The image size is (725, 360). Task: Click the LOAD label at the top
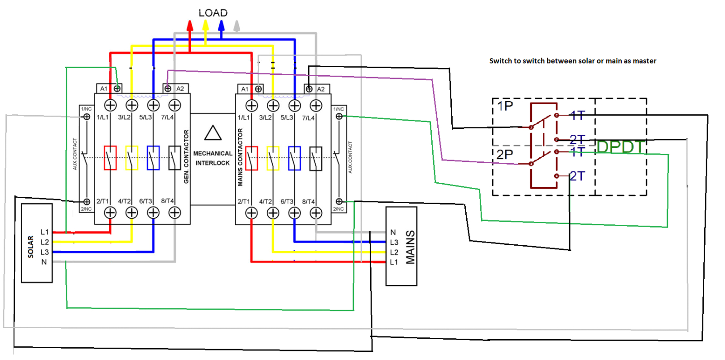[x=213, y=13]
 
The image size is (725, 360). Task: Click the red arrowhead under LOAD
[x=190, y=26]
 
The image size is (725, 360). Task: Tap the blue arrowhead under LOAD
[x=221, y=26]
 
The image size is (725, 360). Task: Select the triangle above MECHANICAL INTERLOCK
[x=213, y=133]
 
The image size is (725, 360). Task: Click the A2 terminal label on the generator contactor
[x=180, y=89]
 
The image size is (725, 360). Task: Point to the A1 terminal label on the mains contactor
[x=245, y=89]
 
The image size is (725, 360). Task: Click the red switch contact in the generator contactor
[x=110, y=158]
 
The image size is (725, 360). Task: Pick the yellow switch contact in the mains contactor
[x=273, y=158]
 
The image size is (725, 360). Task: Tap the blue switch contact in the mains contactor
[x=295, y=158]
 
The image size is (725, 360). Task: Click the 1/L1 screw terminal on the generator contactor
[x=111, y=105]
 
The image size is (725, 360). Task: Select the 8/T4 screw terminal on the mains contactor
[x=316, y=212]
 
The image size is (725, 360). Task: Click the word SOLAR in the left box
[x=31, y=247]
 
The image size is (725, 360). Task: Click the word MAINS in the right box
[x=410, y=247]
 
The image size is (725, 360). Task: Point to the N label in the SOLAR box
[x=44, y=262]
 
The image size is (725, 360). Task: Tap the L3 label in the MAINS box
[x=394, y=243]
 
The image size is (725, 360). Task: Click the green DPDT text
[x=620, y=147]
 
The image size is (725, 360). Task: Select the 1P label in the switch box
[x=505, y=106]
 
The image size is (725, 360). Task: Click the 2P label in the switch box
[x=504, y=155]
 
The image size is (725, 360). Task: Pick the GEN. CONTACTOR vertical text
[x=186, y=157]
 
